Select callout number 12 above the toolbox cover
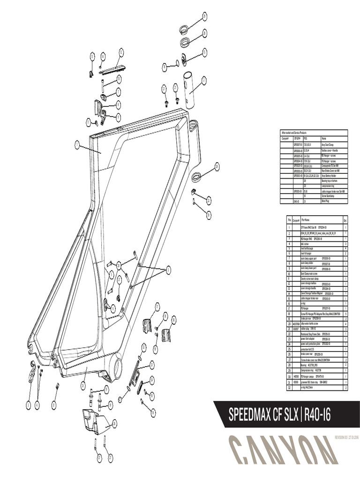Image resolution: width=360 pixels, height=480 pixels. [x=121, y=51]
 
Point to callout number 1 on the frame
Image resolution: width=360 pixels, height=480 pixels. [x=76, y=145]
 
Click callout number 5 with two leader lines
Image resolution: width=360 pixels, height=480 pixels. [x=168, y=269]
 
